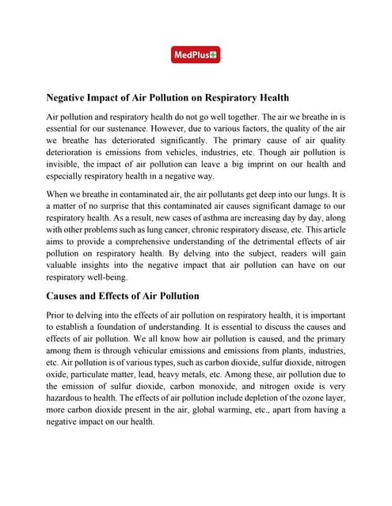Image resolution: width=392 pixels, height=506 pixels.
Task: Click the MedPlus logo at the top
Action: click(x=196, y=55)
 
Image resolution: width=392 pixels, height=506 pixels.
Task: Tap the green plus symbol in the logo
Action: click(x=215, y=55)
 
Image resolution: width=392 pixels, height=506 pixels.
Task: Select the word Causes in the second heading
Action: click(x=67, y=296)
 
